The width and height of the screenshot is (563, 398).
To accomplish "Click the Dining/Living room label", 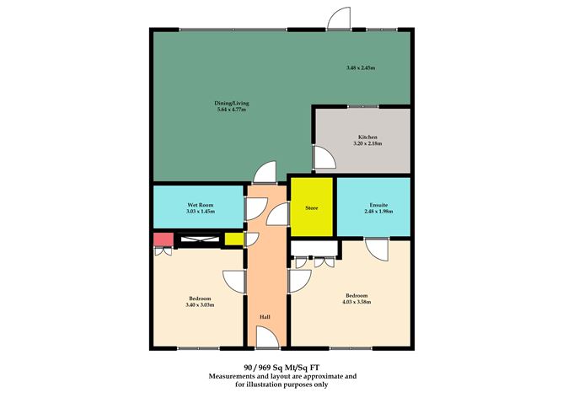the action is (232, 103).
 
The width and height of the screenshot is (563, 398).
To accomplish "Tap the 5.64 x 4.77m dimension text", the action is (232, 110).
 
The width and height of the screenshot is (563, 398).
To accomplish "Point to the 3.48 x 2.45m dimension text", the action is (361, 67).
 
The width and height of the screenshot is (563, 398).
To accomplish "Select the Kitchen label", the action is (367, 137).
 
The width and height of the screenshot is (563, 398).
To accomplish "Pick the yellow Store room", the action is (312, 207).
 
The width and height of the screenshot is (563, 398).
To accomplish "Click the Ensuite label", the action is (378, 205).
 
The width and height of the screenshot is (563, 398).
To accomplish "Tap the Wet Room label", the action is (201, 205).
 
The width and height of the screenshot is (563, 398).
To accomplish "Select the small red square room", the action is (164, 239).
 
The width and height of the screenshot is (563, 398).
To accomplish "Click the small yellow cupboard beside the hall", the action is (234, 239).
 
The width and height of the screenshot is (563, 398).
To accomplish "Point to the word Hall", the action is (265, 317).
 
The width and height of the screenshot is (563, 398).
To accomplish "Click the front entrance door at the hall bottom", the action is (267, 337).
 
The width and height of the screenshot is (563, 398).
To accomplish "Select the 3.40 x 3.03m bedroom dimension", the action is (200, 305).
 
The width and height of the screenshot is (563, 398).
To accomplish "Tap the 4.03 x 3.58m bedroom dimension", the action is (357, 302).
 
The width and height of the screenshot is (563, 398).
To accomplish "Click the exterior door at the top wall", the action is (339, 18).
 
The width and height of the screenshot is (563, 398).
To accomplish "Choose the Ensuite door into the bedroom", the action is (377, 250).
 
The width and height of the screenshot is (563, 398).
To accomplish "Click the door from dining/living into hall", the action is (265, 172).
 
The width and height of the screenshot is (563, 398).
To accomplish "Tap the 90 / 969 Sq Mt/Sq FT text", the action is (281, 368).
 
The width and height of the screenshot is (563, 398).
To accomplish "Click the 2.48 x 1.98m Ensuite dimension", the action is (378, 212).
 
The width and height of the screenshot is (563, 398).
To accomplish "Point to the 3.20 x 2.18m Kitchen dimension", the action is (367, 143).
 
